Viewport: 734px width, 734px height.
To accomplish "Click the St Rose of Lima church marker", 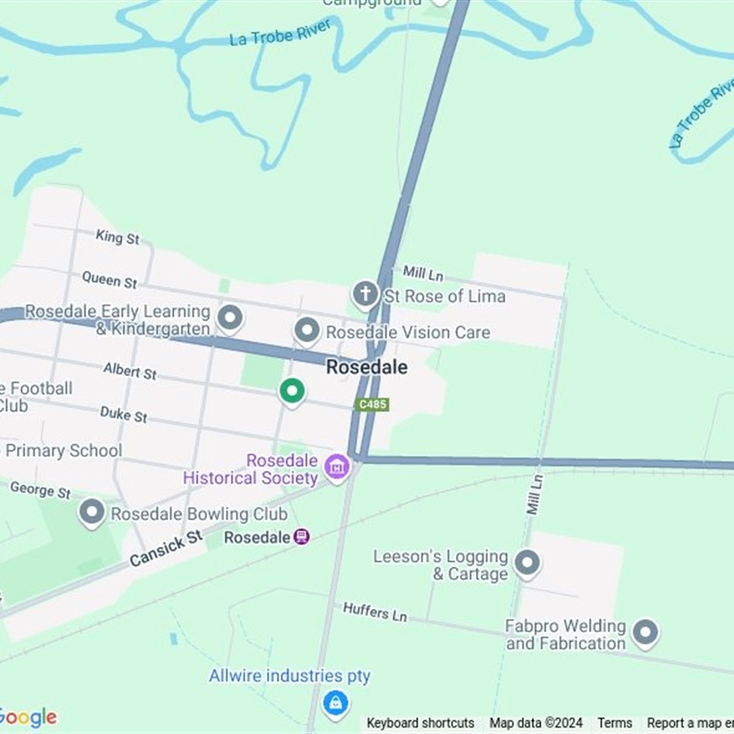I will [365, 295].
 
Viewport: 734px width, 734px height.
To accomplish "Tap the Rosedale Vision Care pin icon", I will [306, 330].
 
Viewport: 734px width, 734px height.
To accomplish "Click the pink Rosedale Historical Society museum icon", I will [337, 467].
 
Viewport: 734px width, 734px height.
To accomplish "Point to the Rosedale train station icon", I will [302, 537].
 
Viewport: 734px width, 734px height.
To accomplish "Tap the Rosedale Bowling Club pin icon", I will [92, 513].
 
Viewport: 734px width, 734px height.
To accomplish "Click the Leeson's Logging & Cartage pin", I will [527, 563].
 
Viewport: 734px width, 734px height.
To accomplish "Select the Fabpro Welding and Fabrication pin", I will [646, 632].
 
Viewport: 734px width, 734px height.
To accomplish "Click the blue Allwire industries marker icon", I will [336, 704].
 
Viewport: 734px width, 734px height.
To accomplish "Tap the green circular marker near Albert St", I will [292, 392].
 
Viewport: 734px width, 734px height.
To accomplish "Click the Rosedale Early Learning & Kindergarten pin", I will [230, 318].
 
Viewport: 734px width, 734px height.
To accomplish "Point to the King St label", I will [117, 238].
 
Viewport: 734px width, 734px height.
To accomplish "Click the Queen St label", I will [109, 278].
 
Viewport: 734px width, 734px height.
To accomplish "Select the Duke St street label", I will [123, 416].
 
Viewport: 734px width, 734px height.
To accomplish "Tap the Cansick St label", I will [166, 549].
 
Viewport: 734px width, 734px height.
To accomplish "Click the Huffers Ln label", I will [374, 611].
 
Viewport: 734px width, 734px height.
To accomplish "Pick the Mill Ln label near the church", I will [423, 272].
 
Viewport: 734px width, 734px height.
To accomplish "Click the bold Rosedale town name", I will [367, 367].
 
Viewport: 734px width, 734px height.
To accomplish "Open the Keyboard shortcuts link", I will [420, 723].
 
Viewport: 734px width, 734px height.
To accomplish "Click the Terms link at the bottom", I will [615, 723].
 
